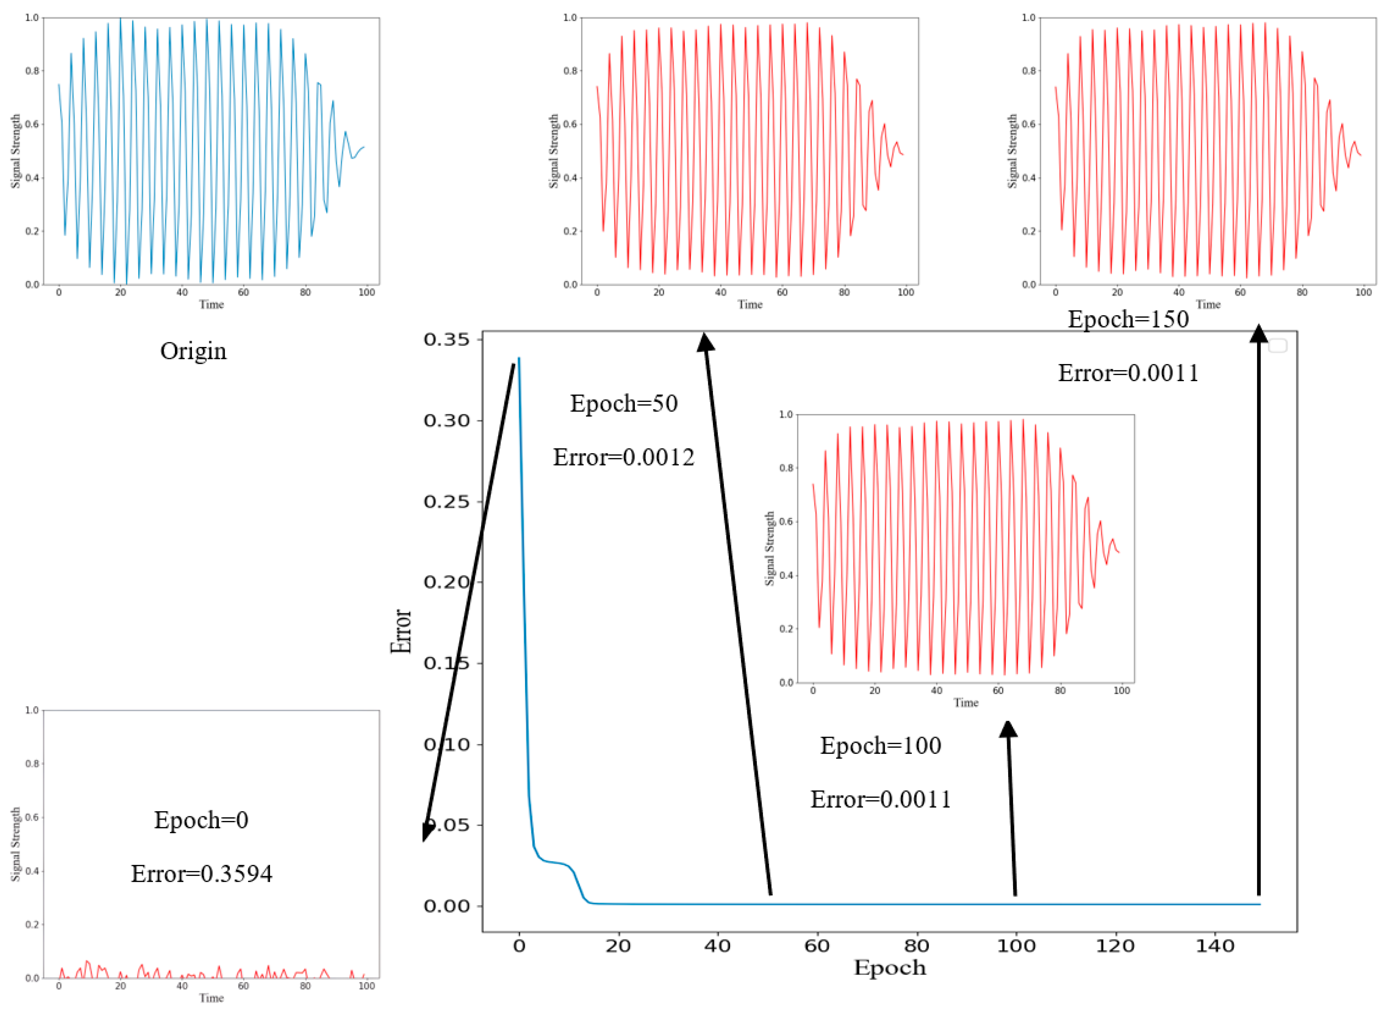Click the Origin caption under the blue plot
point(193,351)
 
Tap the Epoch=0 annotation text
point(201,820)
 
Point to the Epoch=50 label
point(624,403)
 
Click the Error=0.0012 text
point(624,457)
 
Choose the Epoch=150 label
point(1128,319)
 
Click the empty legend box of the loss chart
point(1278,346)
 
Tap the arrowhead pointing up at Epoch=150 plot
point(1258,334)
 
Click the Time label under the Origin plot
point(212,305)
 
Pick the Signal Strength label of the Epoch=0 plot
point(16,844)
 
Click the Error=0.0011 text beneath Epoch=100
point(881,799)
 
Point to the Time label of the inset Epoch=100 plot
point(966,703)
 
